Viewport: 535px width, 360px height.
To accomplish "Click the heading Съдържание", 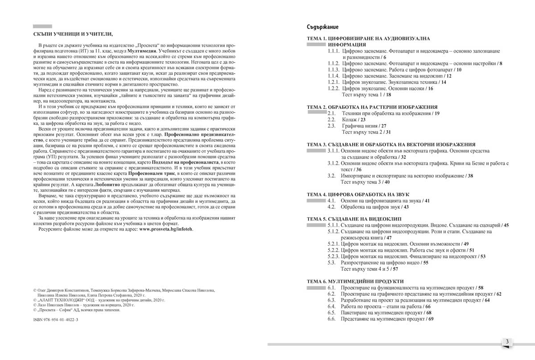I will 322,27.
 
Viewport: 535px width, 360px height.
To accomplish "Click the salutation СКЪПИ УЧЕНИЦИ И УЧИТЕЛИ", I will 73,34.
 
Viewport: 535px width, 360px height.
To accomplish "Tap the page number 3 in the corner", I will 507,342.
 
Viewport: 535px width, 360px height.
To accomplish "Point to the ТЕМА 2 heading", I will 372,108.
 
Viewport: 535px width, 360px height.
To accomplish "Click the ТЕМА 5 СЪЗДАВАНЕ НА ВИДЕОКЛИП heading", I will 354,219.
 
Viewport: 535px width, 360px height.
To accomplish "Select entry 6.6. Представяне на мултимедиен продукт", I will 383,319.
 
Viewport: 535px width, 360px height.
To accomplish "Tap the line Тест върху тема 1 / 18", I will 366,95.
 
